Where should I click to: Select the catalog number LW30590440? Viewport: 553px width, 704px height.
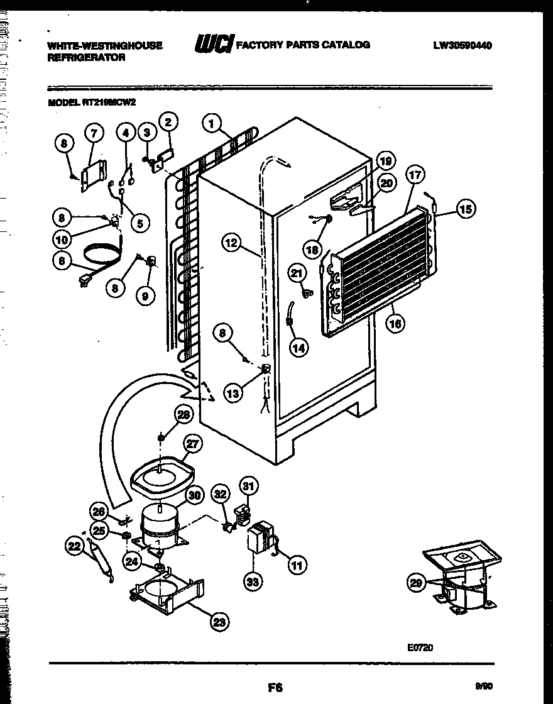(462, 45)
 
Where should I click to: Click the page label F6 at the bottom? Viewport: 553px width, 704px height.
(275, 688)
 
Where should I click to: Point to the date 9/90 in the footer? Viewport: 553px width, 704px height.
(483, 688)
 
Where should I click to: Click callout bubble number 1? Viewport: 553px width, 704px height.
(212, 124)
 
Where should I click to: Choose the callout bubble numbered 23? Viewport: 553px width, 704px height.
(217, 622)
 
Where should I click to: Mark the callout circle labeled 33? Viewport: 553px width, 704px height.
(253, 583)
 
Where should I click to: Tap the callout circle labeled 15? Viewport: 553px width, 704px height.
(466, 209)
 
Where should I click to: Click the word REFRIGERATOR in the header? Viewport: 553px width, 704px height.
(87, 57)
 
